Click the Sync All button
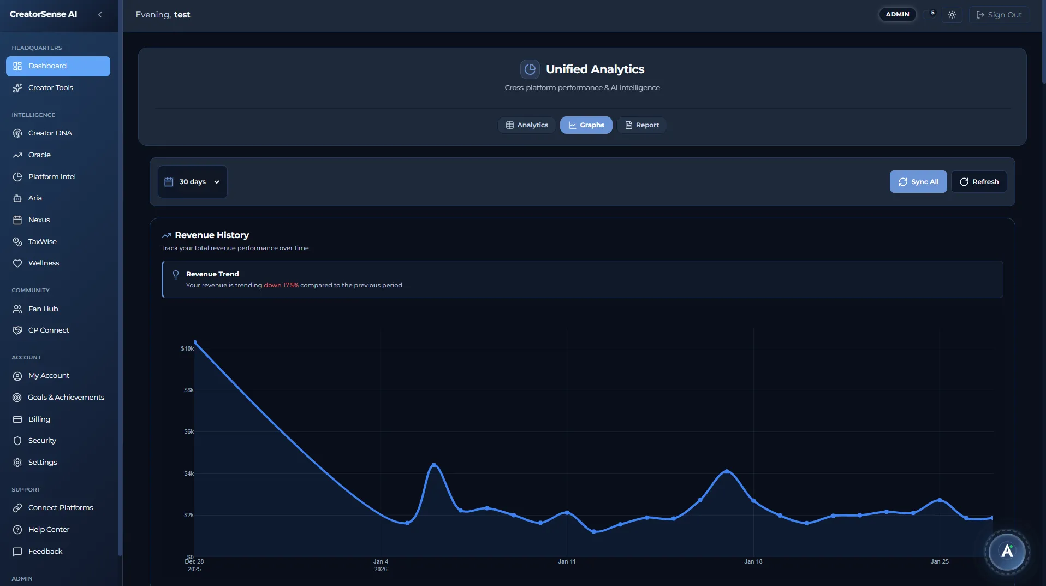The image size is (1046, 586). (x=918, y=182)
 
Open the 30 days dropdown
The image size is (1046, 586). (x=192, y=182)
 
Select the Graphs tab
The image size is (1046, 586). (x=586, y=125)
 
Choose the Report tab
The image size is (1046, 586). (x=641, y=125)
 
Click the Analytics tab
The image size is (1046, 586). (x=526, y=125)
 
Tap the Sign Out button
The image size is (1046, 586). (x=999, y=15)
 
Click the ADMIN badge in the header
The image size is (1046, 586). (x=897, y=14)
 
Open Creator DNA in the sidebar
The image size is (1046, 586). (x=50, y=133)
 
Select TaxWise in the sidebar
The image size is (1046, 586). (x=42, y=242)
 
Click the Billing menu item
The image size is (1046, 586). (x=39, y=419)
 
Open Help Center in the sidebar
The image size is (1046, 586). (x=49, y=530)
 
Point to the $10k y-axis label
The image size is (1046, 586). (x=187, y=348)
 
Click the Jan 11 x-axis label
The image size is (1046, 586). (x=566, y=561)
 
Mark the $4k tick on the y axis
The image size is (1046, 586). (x=188, y=473)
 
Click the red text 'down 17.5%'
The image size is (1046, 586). (x=281, y=285)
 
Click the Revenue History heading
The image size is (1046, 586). (x=211, y=235)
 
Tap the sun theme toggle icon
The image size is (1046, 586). (x=952, y=15)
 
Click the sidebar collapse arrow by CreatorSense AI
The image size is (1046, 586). (x=100, y=15)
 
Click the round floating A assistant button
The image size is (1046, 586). (x=1007, y=551)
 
